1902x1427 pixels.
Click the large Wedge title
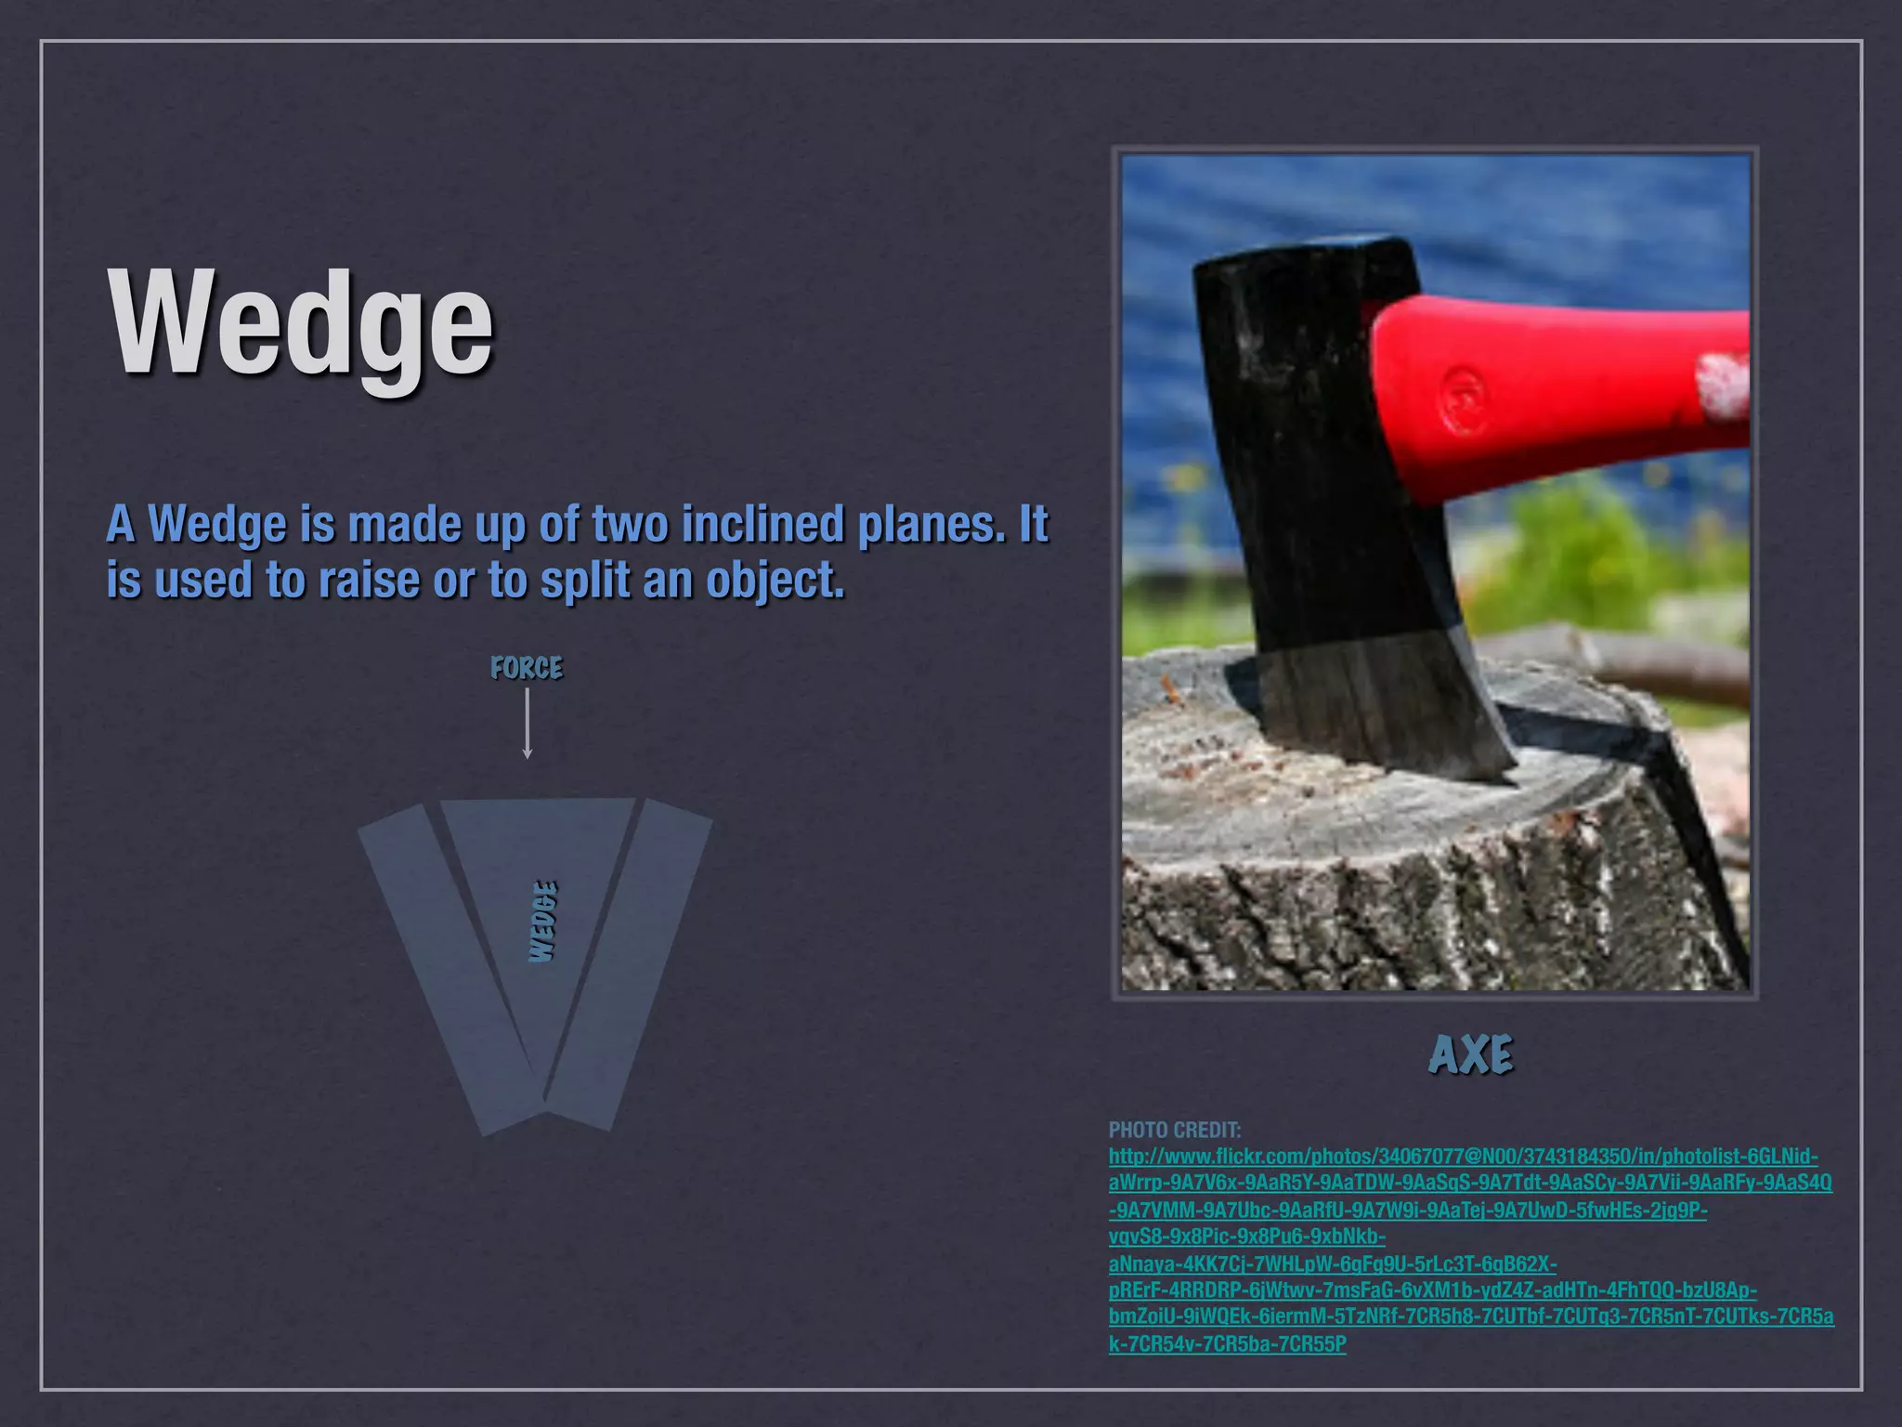302,325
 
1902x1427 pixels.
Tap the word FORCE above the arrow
527,668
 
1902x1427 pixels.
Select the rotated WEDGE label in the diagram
544,922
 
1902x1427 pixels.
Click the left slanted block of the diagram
446,966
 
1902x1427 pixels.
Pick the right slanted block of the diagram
632,966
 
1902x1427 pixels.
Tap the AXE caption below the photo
1471,1054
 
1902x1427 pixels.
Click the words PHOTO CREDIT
1174,1130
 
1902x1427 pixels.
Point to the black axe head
1319,465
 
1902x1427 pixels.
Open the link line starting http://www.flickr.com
1463,1157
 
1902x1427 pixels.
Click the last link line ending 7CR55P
1227,1344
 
